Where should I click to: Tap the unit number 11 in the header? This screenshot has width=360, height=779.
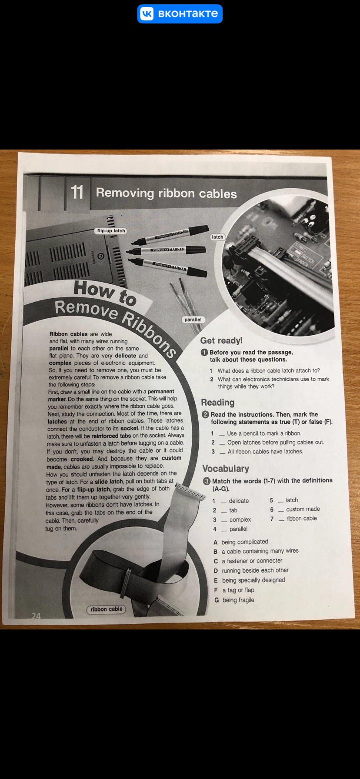coord(77,192)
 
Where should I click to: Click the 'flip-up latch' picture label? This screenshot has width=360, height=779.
coord(111,231)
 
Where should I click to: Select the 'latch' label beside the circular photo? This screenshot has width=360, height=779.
coord(217,237)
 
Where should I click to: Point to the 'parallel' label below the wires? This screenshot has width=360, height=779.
coord(193,320)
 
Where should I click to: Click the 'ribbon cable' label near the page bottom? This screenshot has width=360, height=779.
coord(107,609)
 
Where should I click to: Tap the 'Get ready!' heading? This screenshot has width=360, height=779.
coord(221,341)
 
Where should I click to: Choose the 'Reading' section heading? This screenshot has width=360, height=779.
coord(218,403)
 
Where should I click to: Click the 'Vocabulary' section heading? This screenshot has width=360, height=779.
coord(226,469)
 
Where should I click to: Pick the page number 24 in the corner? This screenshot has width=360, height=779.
coord(36,616)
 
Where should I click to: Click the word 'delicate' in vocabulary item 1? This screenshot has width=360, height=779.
coord(239,501)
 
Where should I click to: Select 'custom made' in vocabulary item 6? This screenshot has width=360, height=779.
coord(303,509)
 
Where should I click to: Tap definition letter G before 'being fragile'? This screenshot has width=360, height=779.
coord(217,600)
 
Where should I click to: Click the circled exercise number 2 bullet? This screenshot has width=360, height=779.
coord(206,414)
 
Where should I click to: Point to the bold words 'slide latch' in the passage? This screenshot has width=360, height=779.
coord(109,482)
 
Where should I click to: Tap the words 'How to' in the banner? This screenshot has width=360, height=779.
coord(105,292)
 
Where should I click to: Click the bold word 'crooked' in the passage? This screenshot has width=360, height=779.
coord(82,459)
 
